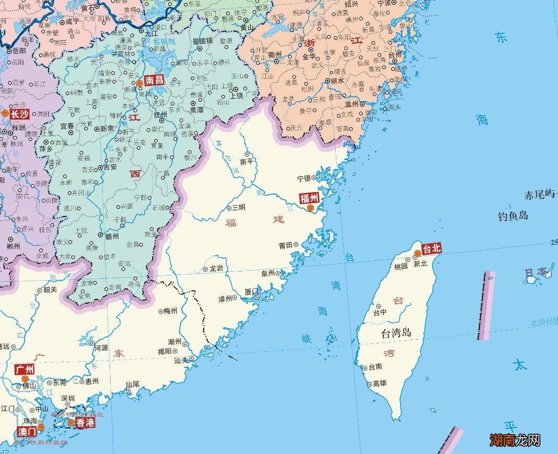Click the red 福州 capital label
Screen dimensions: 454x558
(309, 198)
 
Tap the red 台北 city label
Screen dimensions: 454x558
(432, 248)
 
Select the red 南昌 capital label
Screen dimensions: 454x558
(154, 80)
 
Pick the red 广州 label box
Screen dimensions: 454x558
(25, 369)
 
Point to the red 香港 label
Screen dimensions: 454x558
(85, 423)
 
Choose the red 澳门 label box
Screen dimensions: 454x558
(27, 432)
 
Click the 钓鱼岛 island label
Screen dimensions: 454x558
(513, 216)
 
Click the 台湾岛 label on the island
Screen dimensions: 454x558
(396, 332)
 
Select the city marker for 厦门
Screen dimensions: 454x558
(257, 297)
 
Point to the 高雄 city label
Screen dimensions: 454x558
(380, 383)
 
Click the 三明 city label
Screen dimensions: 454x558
(239, 208)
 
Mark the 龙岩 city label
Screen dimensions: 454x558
(216, 269)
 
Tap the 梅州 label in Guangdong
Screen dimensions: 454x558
(171, 311)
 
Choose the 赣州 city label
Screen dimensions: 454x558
(112, 236)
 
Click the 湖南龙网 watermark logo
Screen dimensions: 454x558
(515, 440)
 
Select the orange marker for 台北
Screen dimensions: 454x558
(417, 254)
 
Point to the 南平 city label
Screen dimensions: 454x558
(247, 162)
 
